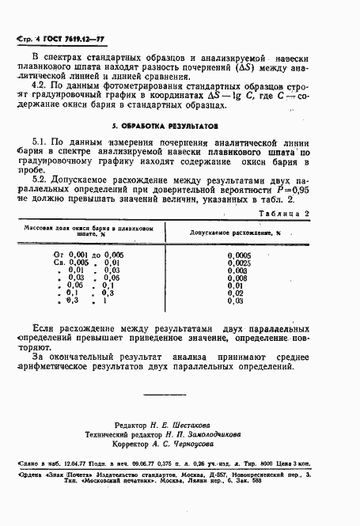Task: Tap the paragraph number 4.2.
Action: (39, 85)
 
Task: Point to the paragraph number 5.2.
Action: (41, 184)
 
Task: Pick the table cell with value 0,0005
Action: (237, 255)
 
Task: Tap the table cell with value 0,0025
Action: (237, 263)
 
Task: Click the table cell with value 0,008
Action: (237, 278)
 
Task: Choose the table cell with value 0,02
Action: (235, 293)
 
